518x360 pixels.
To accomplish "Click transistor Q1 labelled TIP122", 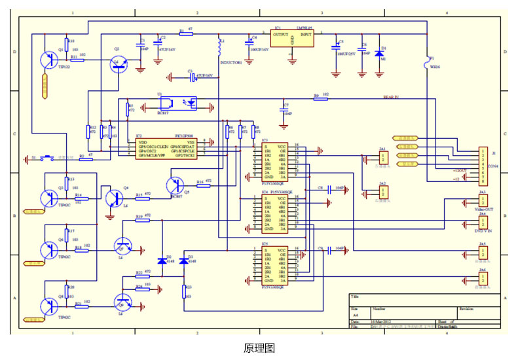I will click(49, 59).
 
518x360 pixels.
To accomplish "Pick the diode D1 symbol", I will click(379, 52).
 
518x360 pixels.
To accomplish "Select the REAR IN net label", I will click(391, 97).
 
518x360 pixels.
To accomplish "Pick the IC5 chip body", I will click(274, 266).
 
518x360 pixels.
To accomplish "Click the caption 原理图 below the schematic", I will click(259, 348).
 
